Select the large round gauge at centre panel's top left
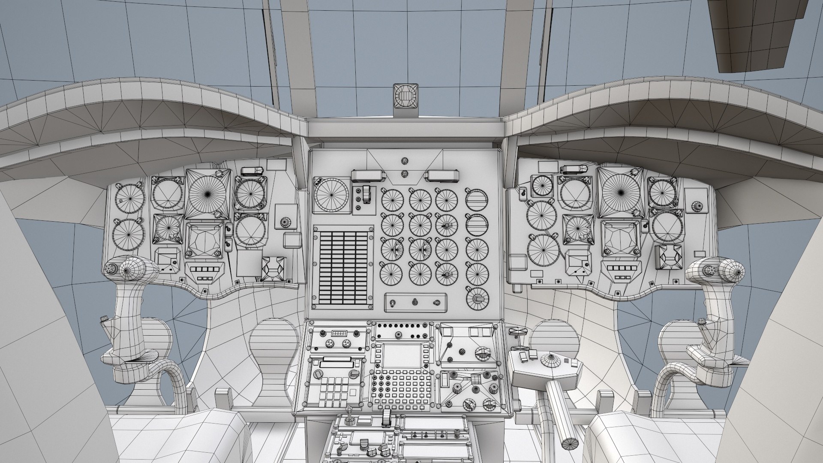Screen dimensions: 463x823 pyautogui.click(x=331, y=195)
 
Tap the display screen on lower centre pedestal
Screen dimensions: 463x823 pyautogui.click(x=400, y=356)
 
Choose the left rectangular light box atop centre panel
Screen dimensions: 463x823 pyautogui.click(x=367, y=175)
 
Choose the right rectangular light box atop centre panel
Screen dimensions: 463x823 pyautogui.click(x=442, y=175)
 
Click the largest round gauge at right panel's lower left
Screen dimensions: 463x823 pyautogui.click(x=544, y=250)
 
